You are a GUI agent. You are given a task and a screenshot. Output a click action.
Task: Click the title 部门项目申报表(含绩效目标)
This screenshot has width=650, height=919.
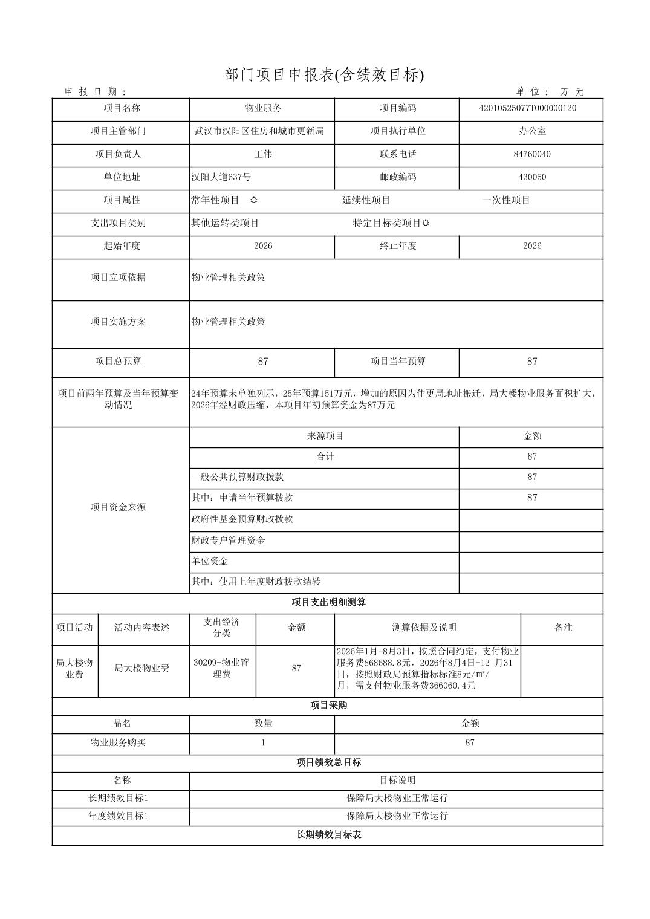pyautogui.click(x=325, y=75)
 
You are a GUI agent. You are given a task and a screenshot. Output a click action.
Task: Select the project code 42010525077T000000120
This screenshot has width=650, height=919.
pyautogui.click(x=531, y=108)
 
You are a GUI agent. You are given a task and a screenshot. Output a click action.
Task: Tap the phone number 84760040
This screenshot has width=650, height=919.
pyautogui.click(x=531, y=154)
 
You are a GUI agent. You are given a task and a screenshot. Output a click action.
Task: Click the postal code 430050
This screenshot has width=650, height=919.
pyautogui.click(x=531, y=177)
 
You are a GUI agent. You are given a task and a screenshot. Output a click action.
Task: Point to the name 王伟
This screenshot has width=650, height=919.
pyautogui.click(x=262, y=154)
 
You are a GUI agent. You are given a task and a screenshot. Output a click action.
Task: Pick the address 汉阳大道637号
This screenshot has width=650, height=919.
pyautogui.click(x=221, y=177)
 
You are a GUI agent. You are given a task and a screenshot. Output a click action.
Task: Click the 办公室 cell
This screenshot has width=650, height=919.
pyautogui.click(x=531, y=131)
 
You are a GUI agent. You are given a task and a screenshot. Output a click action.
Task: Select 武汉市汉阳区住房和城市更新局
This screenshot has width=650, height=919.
pyautogui.click(x=259, y=131)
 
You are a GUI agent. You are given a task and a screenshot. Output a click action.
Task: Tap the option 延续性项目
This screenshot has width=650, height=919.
pyautogui.click(x=366, y=200)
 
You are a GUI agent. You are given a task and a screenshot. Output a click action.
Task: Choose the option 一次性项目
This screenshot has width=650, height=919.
pyautogui.click(x=505, y=200)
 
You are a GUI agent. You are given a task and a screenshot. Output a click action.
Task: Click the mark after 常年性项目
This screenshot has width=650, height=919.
pyautogui.click(x=254, y=200)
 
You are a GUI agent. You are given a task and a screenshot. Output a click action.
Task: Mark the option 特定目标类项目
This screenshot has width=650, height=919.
pyautogui.click(x=387, y=223)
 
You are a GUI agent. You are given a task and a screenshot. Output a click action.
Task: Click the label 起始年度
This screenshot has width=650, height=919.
pyautogui.click(x=121, y=246)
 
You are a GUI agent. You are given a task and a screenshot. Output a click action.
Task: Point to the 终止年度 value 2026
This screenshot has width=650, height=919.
pyautogui.click(x=531, y=246)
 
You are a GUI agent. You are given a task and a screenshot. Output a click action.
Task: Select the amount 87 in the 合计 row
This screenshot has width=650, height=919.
pyautogui.click(x=531, y=456)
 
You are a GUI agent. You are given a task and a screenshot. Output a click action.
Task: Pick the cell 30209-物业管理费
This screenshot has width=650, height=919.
pyautogui.click(x=221, y=668)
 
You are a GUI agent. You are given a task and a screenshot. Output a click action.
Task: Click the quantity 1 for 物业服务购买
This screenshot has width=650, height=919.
pyautogui.click(x=262, y=742)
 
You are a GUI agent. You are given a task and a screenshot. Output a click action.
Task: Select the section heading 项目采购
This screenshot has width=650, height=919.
pyautogui.click(x=328, y=706)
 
